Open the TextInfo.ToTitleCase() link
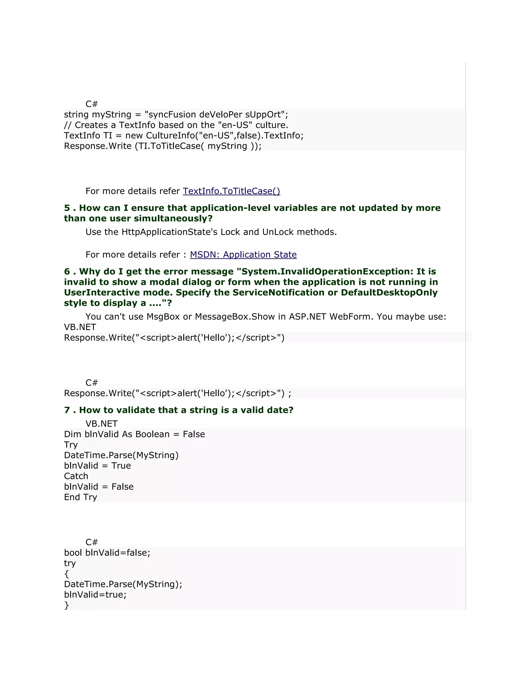(231, 191)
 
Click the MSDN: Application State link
(243, 255)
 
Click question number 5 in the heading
(67, 208)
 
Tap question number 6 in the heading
(67, 271)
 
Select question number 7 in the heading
(67, 410)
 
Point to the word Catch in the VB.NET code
(76, 476)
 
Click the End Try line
(80, 497)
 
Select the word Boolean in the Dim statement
(153, 434)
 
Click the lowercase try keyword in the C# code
(70, 563)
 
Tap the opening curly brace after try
(66, 574)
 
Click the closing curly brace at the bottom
(66, 605)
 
